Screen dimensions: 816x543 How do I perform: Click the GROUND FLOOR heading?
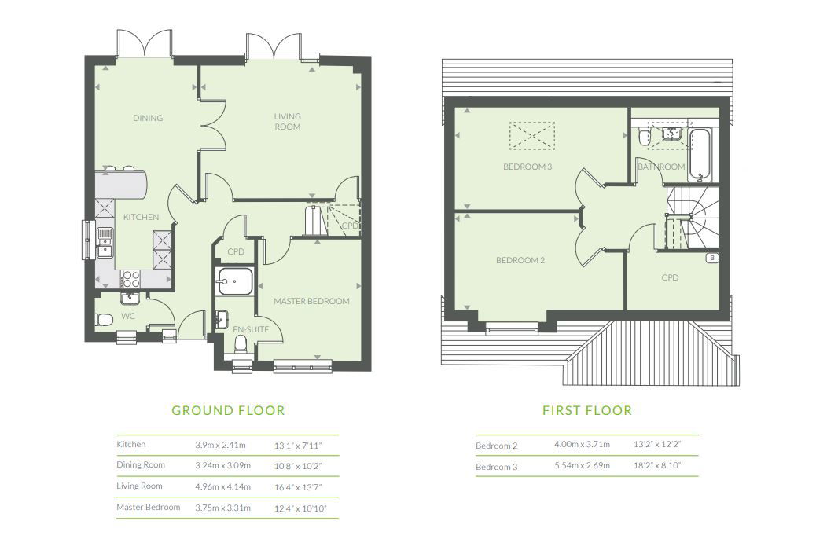pyautogui.click(x=228, y=410)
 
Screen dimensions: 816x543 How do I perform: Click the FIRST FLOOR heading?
pyautogui.click(x=587, y=410)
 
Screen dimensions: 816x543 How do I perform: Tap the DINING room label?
pyautogui.click(x=148, y=118)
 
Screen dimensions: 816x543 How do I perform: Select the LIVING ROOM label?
pyautogui.click(x=287, y=121)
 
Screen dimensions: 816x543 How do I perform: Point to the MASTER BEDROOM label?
pyautogui.click(x=312, y=301)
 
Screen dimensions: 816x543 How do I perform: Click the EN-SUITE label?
pyautogui.click(x=251, y=329)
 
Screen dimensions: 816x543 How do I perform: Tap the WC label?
pyautogui.click(x=128, y=316)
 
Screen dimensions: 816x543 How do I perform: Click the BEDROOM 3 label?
pyautogui.click(x=527, y=167)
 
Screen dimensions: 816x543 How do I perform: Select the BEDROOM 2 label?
pyautogui.click(x=520, y=260)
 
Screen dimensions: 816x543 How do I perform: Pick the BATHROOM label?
pyautogui.click(x=661, y=167)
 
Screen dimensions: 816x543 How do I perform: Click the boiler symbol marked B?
pyautogui.click(x=712, y=258)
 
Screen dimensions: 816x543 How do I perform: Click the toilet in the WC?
pyautogui.click(x=104, y=319)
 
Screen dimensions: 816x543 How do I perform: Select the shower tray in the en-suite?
pyautogui.click(x=235, y=281)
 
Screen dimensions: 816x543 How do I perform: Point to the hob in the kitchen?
pyautogui.click(x=130, y=279)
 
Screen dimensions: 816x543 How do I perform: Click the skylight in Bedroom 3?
pyautogui.click(x=532, y=136)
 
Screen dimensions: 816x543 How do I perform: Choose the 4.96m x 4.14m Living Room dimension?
pyautogui.click(x=222, y=487)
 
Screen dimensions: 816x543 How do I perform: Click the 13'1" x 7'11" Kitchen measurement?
pyautogui.click(x=298, y=446)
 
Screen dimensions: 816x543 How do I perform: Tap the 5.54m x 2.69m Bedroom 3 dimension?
pyautogui.click(x=583, y=465)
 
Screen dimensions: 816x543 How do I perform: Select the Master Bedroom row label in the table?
pyautogui.click(x=149, y=507)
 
